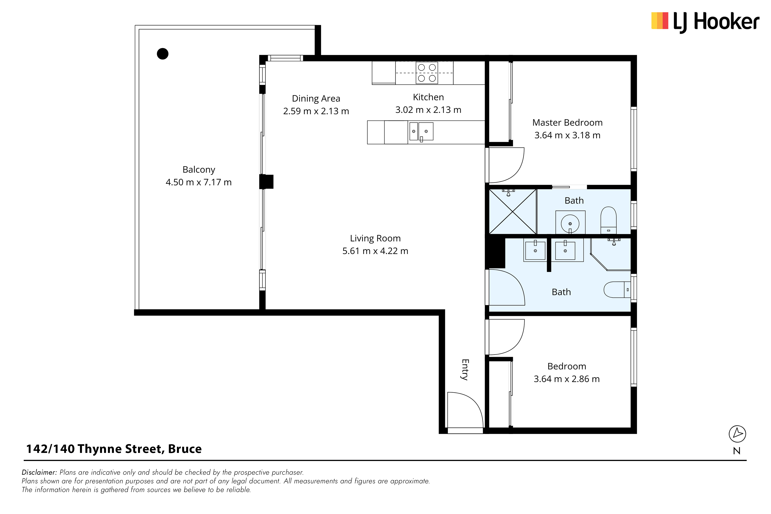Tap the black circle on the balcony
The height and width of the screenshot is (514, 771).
[163, 53]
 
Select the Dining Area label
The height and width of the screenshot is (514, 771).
[316, 98]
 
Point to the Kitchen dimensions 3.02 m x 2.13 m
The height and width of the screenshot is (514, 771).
[428, 110]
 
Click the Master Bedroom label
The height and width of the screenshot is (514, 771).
[567, 123]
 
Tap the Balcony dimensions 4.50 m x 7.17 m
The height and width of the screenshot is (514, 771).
[199, 182]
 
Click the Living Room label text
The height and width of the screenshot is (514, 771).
[375, 238]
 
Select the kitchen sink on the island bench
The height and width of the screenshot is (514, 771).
[421, 131]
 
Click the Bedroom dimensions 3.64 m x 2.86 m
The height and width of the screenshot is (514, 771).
[567, 379]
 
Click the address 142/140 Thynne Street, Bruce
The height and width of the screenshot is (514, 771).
[114, 449]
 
